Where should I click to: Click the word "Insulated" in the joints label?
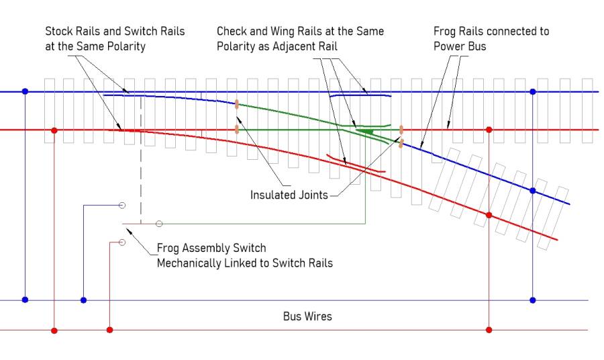pos(272,195)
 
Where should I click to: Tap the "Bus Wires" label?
pos(307,316)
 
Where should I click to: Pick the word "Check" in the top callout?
pos(232,32)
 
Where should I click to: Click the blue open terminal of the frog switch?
pos(122,205)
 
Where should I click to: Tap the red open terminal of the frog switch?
pos(122,242)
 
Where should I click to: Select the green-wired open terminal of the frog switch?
pos(159,223)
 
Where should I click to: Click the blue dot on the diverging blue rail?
pos(533,191)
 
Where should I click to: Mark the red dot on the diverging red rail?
pos(489,215)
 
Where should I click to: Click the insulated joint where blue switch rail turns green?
pos(237,104)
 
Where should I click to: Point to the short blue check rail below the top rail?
pos(360,96)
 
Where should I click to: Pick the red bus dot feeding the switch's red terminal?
pos(110,330)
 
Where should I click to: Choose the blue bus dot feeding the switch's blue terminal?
pos(83,300)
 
